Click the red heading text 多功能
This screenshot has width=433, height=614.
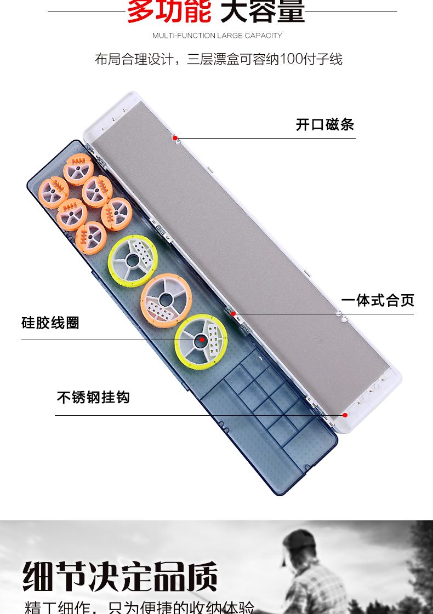(x=169, y=11)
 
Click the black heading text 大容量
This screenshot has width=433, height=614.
(x=262, y=11)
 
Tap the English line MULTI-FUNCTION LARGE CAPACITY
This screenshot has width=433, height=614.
(x=217, y=36)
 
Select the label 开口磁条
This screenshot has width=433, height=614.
(x=325, y=124)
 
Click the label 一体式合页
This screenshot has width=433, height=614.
(x=378, y=300)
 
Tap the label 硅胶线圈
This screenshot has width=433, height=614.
(x=50, y=323)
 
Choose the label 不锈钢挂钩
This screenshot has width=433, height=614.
(x=93, y=397)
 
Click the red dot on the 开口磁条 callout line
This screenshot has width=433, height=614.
(x=175, y=138)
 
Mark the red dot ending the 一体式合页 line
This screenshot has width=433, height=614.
(x=233, y=314)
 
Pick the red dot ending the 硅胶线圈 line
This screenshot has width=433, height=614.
(x=202, y=340)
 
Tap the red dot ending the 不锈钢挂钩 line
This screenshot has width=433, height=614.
(x=345, y=415)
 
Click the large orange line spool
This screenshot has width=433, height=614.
(x=162, y=300)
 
